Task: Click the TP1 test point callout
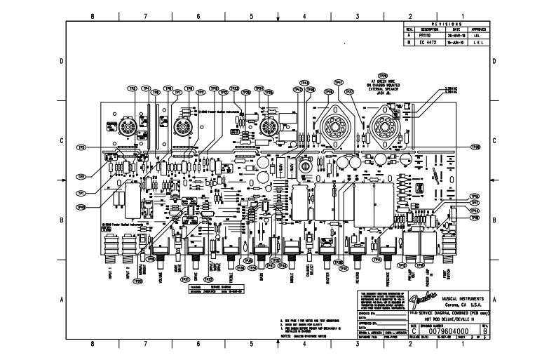click(x=81, y=192)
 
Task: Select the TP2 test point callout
click(x=81, y=177)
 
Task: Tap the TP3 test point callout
click(x=81, y=147)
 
